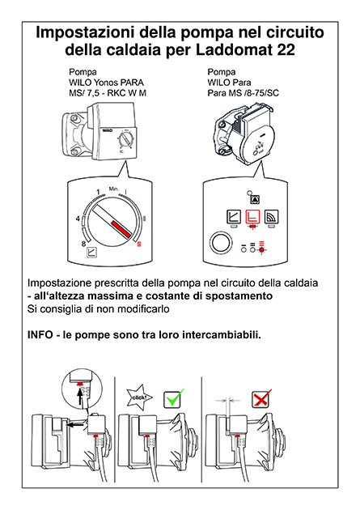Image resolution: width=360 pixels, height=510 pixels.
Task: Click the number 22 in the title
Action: point(286,49)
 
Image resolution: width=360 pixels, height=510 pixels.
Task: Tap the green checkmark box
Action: point(172,398)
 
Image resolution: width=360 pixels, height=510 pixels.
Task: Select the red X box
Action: point(260,398)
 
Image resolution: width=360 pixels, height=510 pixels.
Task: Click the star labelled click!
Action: point(139,397)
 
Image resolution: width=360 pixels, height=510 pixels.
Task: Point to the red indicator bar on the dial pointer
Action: point(121,229)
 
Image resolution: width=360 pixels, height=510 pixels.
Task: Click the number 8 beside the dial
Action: point(83,244)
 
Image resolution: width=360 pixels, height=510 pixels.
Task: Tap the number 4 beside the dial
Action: point(78,219)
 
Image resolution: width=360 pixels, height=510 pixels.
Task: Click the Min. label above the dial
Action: point(114,189)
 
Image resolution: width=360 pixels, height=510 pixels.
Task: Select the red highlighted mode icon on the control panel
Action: point(252,216)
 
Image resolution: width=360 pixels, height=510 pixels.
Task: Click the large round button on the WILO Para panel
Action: point(222,243)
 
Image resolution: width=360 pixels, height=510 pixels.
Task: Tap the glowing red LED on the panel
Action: point(261,249)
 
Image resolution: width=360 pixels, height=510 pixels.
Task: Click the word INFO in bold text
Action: point(40,334)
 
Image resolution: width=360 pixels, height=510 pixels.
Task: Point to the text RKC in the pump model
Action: point(116,93)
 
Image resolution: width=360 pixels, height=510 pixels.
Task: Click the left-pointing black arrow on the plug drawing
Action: point(74,424)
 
